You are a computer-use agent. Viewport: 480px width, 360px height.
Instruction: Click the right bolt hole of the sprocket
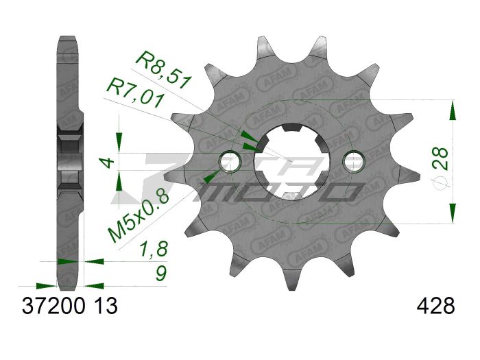coord(353,161)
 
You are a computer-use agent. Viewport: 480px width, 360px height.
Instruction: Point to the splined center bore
coord(291,162)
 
